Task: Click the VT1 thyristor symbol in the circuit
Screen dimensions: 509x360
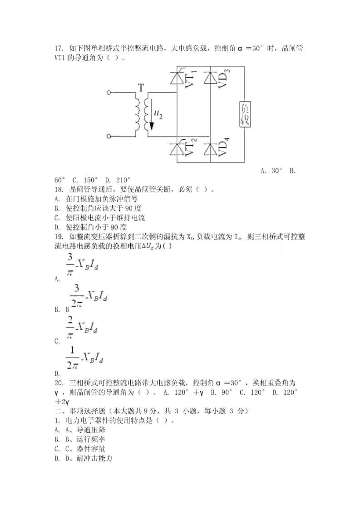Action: click(x=176, y=78)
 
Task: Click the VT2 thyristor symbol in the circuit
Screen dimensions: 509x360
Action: click(x=176, y=149)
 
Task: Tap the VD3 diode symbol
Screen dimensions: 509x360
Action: click(x=209, y=78)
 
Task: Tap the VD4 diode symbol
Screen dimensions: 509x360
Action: click(x=209, y=149)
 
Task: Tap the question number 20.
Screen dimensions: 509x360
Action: click(x=58, y=383)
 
